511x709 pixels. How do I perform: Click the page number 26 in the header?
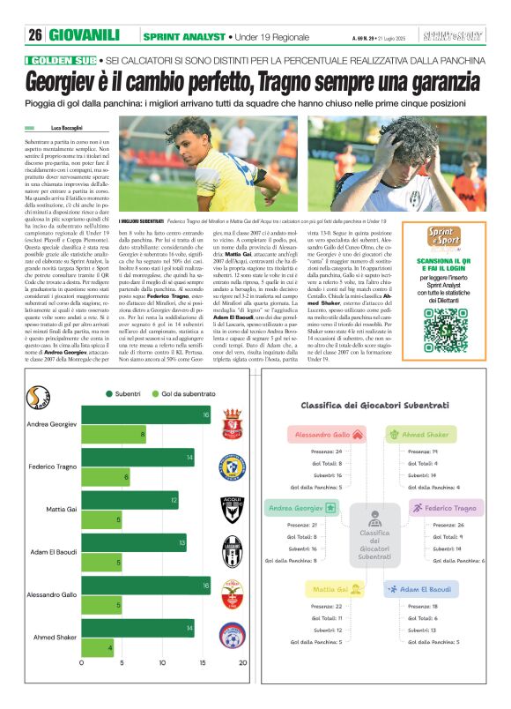(35, 35)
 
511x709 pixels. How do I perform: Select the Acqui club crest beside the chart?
(232, 505)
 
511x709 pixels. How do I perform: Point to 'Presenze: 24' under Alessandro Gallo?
(327, 451)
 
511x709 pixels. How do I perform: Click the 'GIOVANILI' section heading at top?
(85, 35)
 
